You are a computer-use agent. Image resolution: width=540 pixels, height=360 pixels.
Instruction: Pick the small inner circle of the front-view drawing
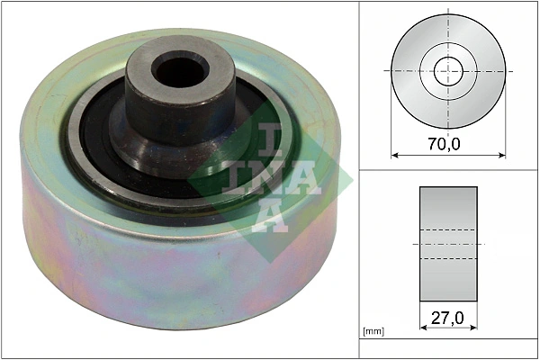(x=448, y=70)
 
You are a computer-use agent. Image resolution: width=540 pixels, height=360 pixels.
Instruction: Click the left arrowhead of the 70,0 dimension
(x=394, y=155)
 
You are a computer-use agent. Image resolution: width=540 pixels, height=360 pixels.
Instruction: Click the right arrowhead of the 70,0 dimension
(x=502, y=155)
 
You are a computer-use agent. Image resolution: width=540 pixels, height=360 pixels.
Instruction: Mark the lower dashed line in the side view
(x=448, y=258)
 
